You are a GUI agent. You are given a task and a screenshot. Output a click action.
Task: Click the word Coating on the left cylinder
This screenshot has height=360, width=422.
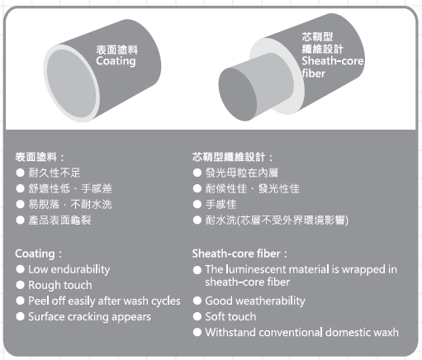(x=116, y=61)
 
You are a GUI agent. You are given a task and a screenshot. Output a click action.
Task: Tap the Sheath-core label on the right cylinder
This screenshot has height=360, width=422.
(x=333, y=61)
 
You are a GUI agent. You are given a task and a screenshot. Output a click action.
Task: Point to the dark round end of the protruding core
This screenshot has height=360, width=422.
(x=238, y=94)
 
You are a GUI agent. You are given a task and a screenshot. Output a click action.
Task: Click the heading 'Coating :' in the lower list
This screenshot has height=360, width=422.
(x=39, y=253)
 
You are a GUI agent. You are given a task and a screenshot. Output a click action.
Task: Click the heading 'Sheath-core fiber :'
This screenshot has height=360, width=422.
(x=239, y=253)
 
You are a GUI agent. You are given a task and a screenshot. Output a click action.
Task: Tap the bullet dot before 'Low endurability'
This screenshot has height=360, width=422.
(x=20, y=269)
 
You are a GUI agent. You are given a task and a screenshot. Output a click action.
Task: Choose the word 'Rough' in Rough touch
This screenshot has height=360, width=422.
(x=44, y=285)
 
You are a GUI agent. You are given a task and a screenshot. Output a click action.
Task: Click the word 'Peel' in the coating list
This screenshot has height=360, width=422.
(x=39, y=301)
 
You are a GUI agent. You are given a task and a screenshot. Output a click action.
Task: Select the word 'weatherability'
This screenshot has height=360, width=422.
(x=270, y=301)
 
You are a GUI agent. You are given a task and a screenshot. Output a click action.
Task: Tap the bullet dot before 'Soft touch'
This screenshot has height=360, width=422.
(x=197, y=316)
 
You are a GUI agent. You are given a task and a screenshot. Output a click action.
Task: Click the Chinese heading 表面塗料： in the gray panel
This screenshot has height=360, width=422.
(x=40, y=157)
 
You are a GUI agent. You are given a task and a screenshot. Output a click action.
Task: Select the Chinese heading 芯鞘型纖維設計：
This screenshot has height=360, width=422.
(x=233, y=157)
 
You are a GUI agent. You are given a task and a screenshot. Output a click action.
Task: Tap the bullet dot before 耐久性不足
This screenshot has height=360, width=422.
(x=20, y=173)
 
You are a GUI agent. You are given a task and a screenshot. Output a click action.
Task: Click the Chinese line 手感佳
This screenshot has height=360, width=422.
(x=220, y=205)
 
